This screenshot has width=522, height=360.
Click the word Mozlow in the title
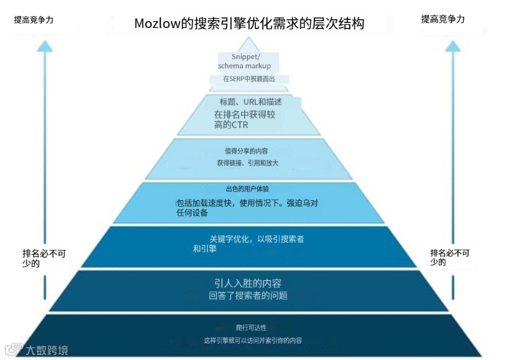[x=155, y=24]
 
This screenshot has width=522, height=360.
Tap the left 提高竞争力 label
[x=34, y=20]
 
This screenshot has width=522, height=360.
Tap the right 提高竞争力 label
[x=442, y=19]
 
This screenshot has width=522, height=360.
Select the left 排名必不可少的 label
[x=43, y=258]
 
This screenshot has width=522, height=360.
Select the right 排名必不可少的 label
[x=450, y=257]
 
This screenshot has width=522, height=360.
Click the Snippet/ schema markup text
[x=244, y=62]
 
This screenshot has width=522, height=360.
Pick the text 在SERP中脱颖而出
[x=249, y=79]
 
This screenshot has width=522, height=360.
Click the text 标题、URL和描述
[x=250, y=102]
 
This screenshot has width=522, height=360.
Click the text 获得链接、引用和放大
[x=247, y=163]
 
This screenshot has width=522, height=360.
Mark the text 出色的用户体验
[x=247, y=189]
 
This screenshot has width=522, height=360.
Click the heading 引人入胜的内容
[x=248, y=284]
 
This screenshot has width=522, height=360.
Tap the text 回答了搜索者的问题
[x=248, y=296]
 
